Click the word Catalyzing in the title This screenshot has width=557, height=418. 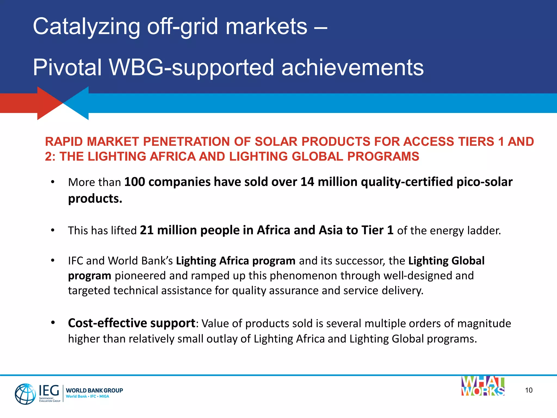tap(86, 27)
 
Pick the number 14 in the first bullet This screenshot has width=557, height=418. tap(307, 182)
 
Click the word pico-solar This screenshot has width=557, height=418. tap(484, 182)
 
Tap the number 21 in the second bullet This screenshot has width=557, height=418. tap(147, 230)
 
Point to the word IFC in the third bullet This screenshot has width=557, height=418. tap(75, 261)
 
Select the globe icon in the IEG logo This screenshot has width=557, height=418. tap(25, 394)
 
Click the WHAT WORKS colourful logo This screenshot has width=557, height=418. tap(483, 386)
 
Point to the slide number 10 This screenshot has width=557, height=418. tap(529, 390)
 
